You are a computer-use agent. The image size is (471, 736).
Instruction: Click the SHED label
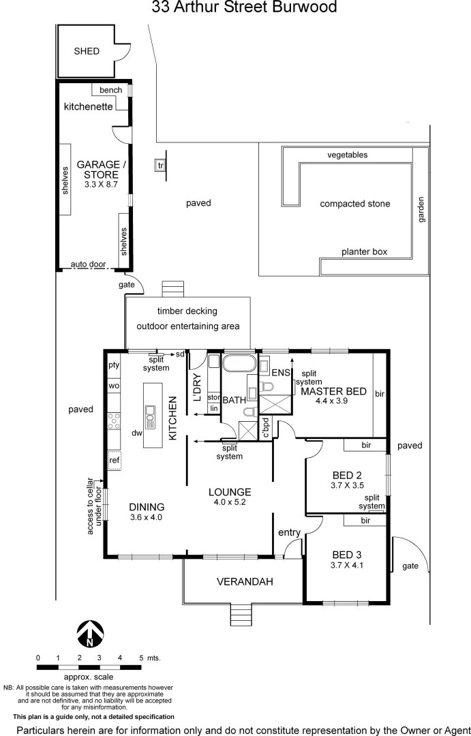tap(87, 51)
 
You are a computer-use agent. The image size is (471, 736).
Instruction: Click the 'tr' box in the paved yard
tap(161, 166)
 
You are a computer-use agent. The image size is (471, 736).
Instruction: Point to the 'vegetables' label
tap(347, 155)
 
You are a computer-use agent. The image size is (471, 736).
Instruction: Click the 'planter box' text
tap(364, 251)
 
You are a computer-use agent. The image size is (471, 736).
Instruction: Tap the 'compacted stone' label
tap(355, 204)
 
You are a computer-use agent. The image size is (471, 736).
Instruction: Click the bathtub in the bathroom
tap(239, 363)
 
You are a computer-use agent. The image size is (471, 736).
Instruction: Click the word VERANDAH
tap(245, 581)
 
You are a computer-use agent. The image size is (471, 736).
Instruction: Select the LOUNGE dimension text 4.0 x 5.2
tap(230, 503)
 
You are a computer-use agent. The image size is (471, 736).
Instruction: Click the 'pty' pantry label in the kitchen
tap(114, 365)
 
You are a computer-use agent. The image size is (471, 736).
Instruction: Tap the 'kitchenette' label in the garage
tap(88, 107)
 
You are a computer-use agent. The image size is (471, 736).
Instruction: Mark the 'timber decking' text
tap(187, 311)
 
